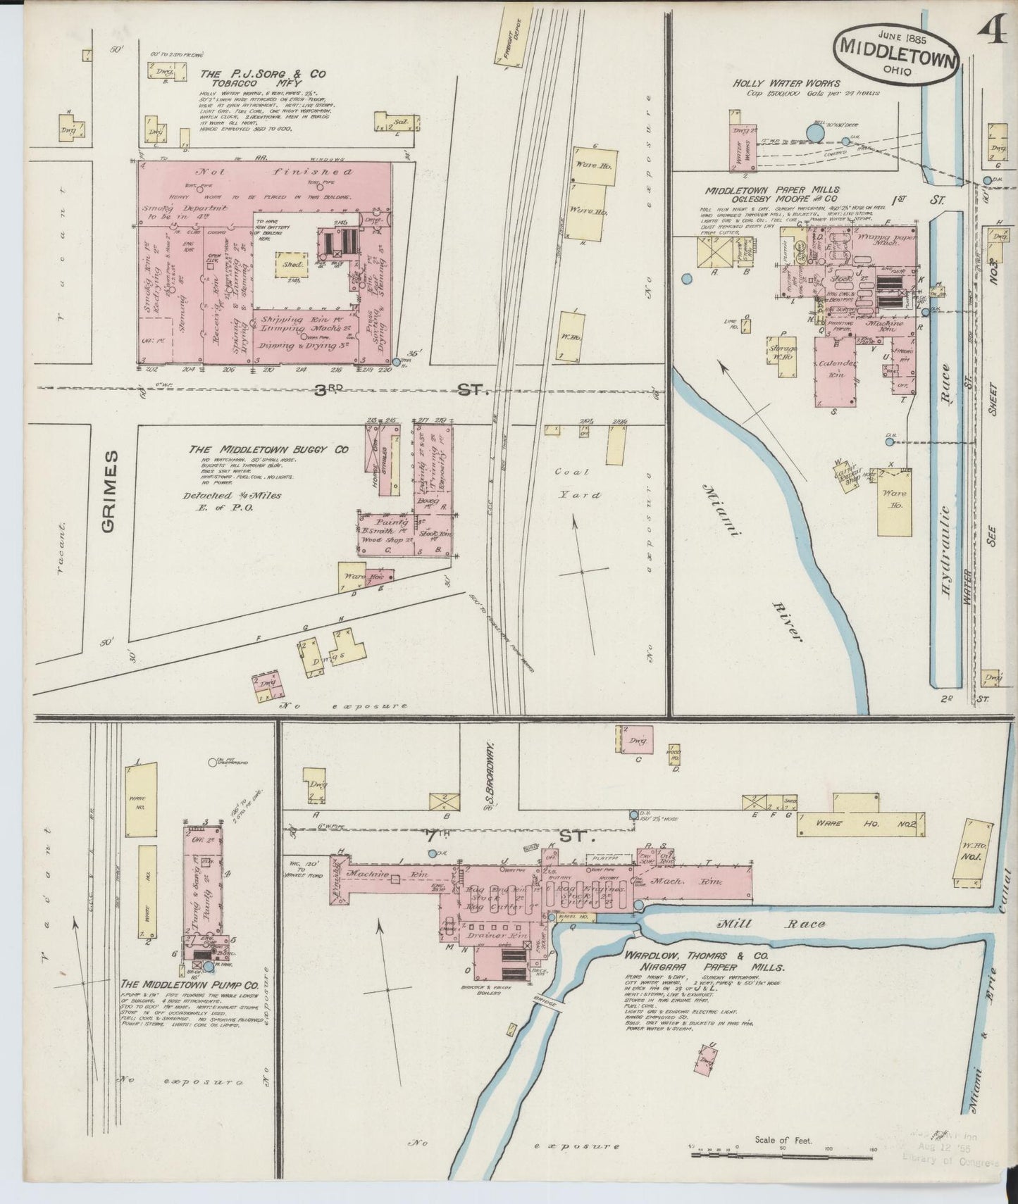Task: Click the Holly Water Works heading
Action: tap(786, 83)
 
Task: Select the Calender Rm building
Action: tap(836, 370)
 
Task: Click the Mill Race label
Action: tap(772, 924)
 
